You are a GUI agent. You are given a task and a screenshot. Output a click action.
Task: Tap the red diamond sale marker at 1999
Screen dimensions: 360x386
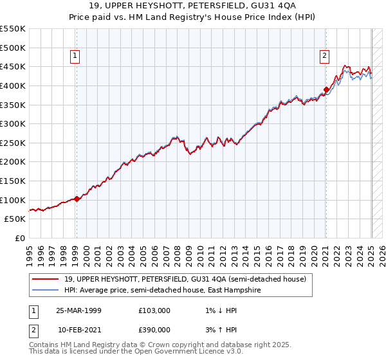pyautogui.click(x=77, y=199)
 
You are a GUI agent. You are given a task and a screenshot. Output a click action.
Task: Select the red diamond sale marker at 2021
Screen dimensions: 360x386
pyautogui.click(x=326, y=89)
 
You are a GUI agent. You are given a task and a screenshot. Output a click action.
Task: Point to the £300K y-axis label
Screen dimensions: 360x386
pyautogui.click(x=13, y=123)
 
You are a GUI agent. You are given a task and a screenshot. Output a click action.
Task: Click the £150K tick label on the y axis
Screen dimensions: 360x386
pyautogui.click(x=13, y=181)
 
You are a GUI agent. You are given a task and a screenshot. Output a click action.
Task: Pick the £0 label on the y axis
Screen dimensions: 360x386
pyautogui.click(x=21, y=238)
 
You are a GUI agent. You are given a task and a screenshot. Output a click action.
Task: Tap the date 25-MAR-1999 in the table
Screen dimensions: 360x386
pyautogui.click(x=79, y=310)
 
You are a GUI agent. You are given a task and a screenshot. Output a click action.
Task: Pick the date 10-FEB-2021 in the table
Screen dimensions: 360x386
pyautogui.click(x=79, y=330)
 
